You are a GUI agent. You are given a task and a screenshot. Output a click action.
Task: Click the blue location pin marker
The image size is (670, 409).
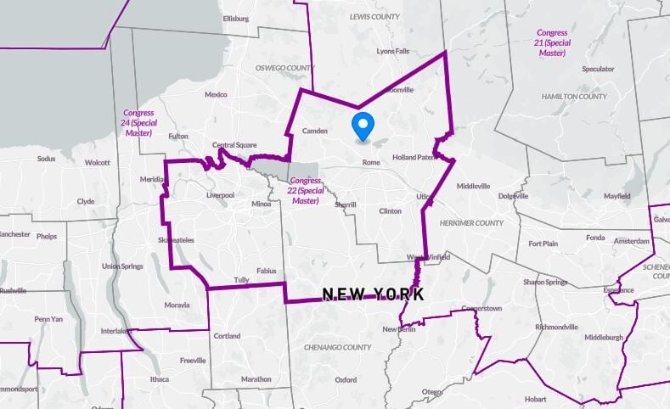tap(363, 126)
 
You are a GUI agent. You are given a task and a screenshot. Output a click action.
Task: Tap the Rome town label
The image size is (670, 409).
tap(370, 162)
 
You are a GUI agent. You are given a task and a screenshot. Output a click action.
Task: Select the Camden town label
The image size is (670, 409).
tap(314, 131)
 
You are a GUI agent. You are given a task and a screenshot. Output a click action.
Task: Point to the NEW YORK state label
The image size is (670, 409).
tap(373, 294)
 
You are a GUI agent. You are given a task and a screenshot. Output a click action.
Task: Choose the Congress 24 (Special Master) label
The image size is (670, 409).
tap(138, 122)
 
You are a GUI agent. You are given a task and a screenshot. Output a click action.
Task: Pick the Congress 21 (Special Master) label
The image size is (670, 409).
tap(552, 42)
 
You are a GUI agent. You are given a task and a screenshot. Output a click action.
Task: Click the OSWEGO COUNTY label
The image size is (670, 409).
tap(284, 68)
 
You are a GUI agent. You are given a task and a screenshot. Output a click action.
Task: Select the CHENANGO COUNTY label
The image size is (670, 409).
tap(338, 347)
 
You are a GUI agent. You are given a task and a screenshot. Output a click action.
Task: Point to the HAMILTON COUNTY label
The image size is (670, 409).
tap(574, 97)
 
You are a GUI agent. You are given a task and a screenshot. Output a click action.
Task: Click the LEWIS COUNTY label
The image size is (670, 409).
tap(375, 16)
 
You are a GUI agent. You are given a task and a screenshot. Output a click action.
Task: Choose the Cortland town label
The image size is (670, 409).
tap(227, 336)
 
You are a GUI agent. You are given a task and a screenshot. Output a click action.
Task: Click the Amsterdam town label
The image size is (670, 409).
tap(632, 242)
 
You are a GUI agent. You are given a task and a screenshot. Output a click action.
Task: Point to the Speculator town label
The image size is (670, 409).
tap(598, 69)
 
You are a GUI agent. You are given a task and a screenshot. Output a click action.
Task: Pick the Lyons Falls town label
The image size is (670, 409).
tap(392, 51)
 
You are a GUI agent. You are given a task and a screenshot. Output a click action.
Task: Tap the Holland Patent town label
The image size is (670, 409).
tap(414, 157)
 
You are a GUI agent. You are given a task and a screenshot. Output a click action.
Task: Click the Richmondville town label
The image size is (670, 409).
tap(556, 327)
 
